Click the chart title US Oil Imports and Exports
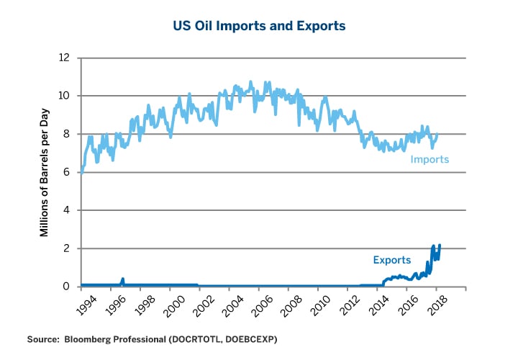(x=258, y=26)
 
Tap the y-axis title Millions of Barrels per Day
(x=44, y=172)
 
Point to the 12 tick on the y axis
(x=65, y=58)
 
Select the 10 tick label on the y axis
(x=65, y=96)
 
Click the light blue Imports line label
(x=430, y=159)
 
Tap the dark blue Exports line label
(x=391, y=260)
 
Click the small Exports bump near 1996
(x=123, y=279)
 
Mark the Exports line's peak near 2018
(x=440, y=245)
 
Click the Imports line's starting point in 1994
(x=81, y=173)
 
